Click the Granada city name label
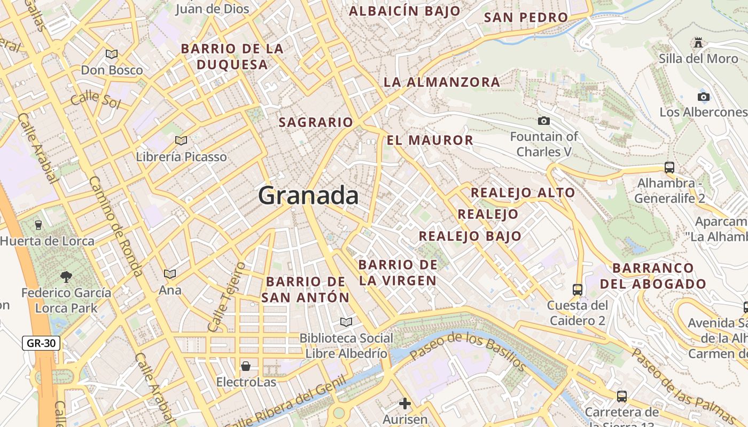click(308, 196)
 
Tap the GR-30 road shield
click(41, 343)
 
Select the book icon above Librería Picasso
click(181, 140)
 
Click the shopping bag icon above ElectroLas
click(246, 366)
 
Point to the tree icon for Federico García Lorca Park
click(66, 276)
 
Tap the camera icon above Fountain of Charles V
click(544, 121)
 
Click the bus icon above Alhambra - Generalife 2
click(669, 167)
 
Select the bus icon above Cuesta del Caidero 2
click(577, 289)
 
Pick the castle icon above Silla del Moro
click(698, 42)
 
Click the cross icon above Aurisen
click(405, 403)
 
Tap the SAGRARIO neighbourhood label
click(316, 122)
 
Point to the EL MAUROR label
click(430, 140)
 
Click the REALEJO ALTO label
click(523, 193)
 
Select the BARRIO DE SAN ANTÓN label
click(306, 289)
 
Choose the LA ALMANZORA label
click(442, 82)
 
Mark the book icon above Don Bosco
click(112, 54)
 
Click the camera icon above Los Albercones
click(704, 97)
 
